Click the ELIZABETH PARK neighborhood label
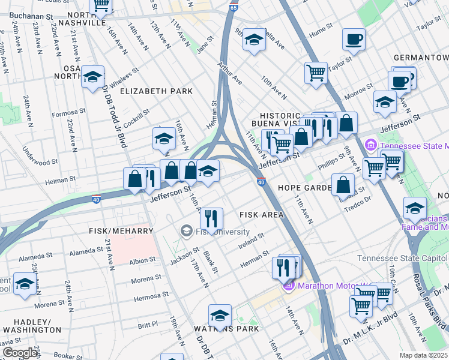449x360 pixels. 156,91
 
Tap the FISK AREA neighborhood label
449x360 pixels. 262,214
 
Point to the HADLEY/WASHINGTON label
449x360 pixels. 31,326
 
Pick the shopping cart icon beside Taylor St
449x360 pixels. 316,73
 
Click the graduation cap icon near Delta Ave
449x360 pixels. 254,40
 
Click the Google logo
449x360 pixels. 20,352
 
